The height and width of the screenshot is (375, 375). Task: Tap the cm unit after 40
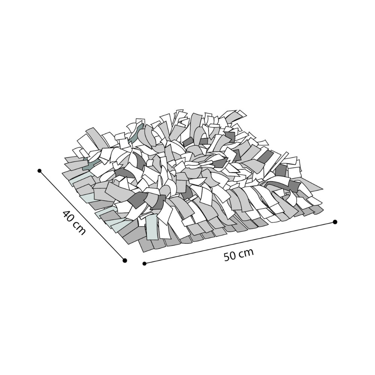click(x=79, y=229)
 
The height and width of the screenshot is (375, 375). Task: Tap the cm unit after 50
click(x=247, y=252)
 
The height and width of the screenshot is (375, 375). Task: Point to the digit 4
click(x=65, y=214)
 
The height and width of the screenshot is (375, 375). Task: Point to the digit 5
click(x=228, y=257)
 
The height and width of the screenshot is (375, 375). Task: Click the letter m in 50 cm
click(x=249, y=252)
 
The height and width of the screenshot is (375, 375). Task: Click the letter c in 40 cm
click(x=76, y=225)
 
